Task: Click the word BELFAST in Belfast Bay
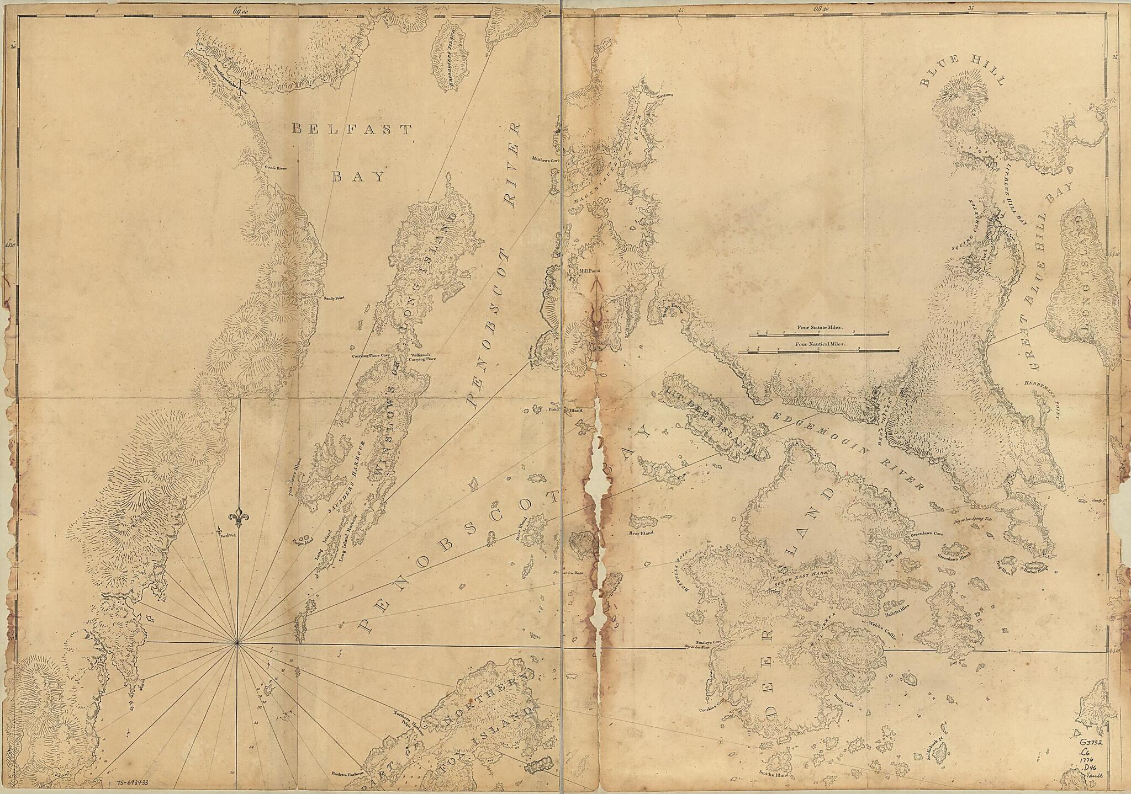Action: coord(352,130)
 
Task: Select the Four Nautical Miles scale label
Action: coord(820,343)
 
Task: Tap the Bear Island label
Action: coord(641,533)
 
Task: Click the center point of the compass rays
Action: coord(238,642)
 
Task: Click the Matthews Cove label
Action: coord(546,159)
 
